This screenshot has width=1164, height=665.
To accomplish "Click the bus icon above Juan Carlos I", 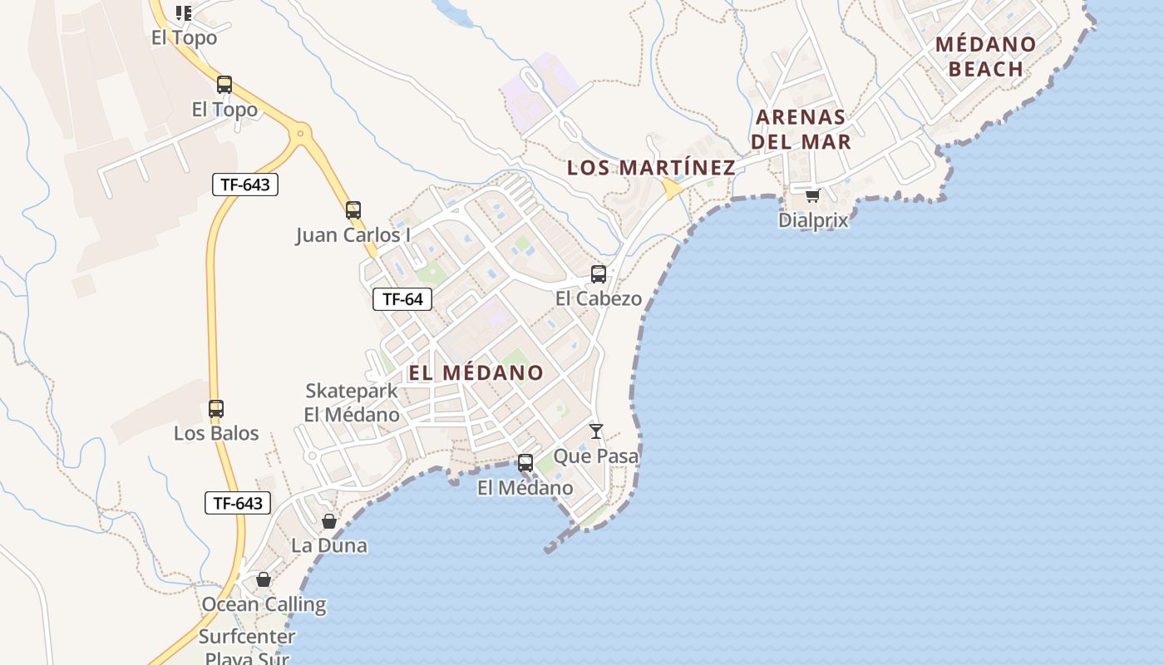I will [353, 209].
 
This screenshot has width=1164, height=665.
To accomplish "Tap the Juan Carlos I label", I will [353, 235].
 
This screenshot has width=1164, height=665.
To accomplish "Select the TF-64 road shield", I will [403, 299].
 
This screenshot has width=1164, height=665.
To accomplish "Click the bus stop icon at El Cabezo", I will [598, 273].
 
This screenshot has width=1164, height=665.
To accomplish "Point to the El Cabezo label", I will [599, 298].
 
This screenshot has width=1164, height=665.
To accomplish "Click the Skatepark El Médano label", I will [352, 402].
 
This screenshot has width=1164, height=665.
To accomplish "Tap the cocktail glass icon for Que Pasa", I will [596, 431].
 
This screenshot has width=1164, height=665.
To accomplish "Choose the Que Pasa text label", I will [596, 456].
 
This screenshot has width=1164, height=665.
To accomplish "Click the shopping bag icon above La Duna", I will [329, 521].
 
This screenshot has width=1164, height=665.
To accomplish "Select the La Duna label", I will [329, 546].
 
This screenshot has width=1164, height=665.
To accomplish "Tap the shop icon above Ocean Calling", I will [264, 579].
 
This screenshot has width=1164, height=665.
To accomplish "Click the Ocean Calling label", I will [264, 604].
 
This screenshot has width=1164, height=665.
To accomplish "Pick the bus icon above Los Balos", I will [216, 409].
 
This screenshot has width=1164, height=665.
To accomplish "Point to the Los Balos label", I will [216, 433].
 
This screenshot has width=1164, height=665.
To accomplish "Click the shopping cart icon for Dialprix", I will [812, 195].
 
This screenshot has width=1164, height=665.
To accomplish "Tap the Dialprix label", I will [813, 220].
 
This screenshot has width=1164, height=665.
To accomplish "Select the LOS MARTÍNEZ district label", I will [651, 168].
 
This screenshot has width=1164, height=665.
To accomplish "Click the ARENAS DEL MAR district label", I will [801, 129].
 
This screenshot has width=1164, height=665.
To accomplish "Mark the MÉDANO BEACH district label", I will [986, 57].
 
